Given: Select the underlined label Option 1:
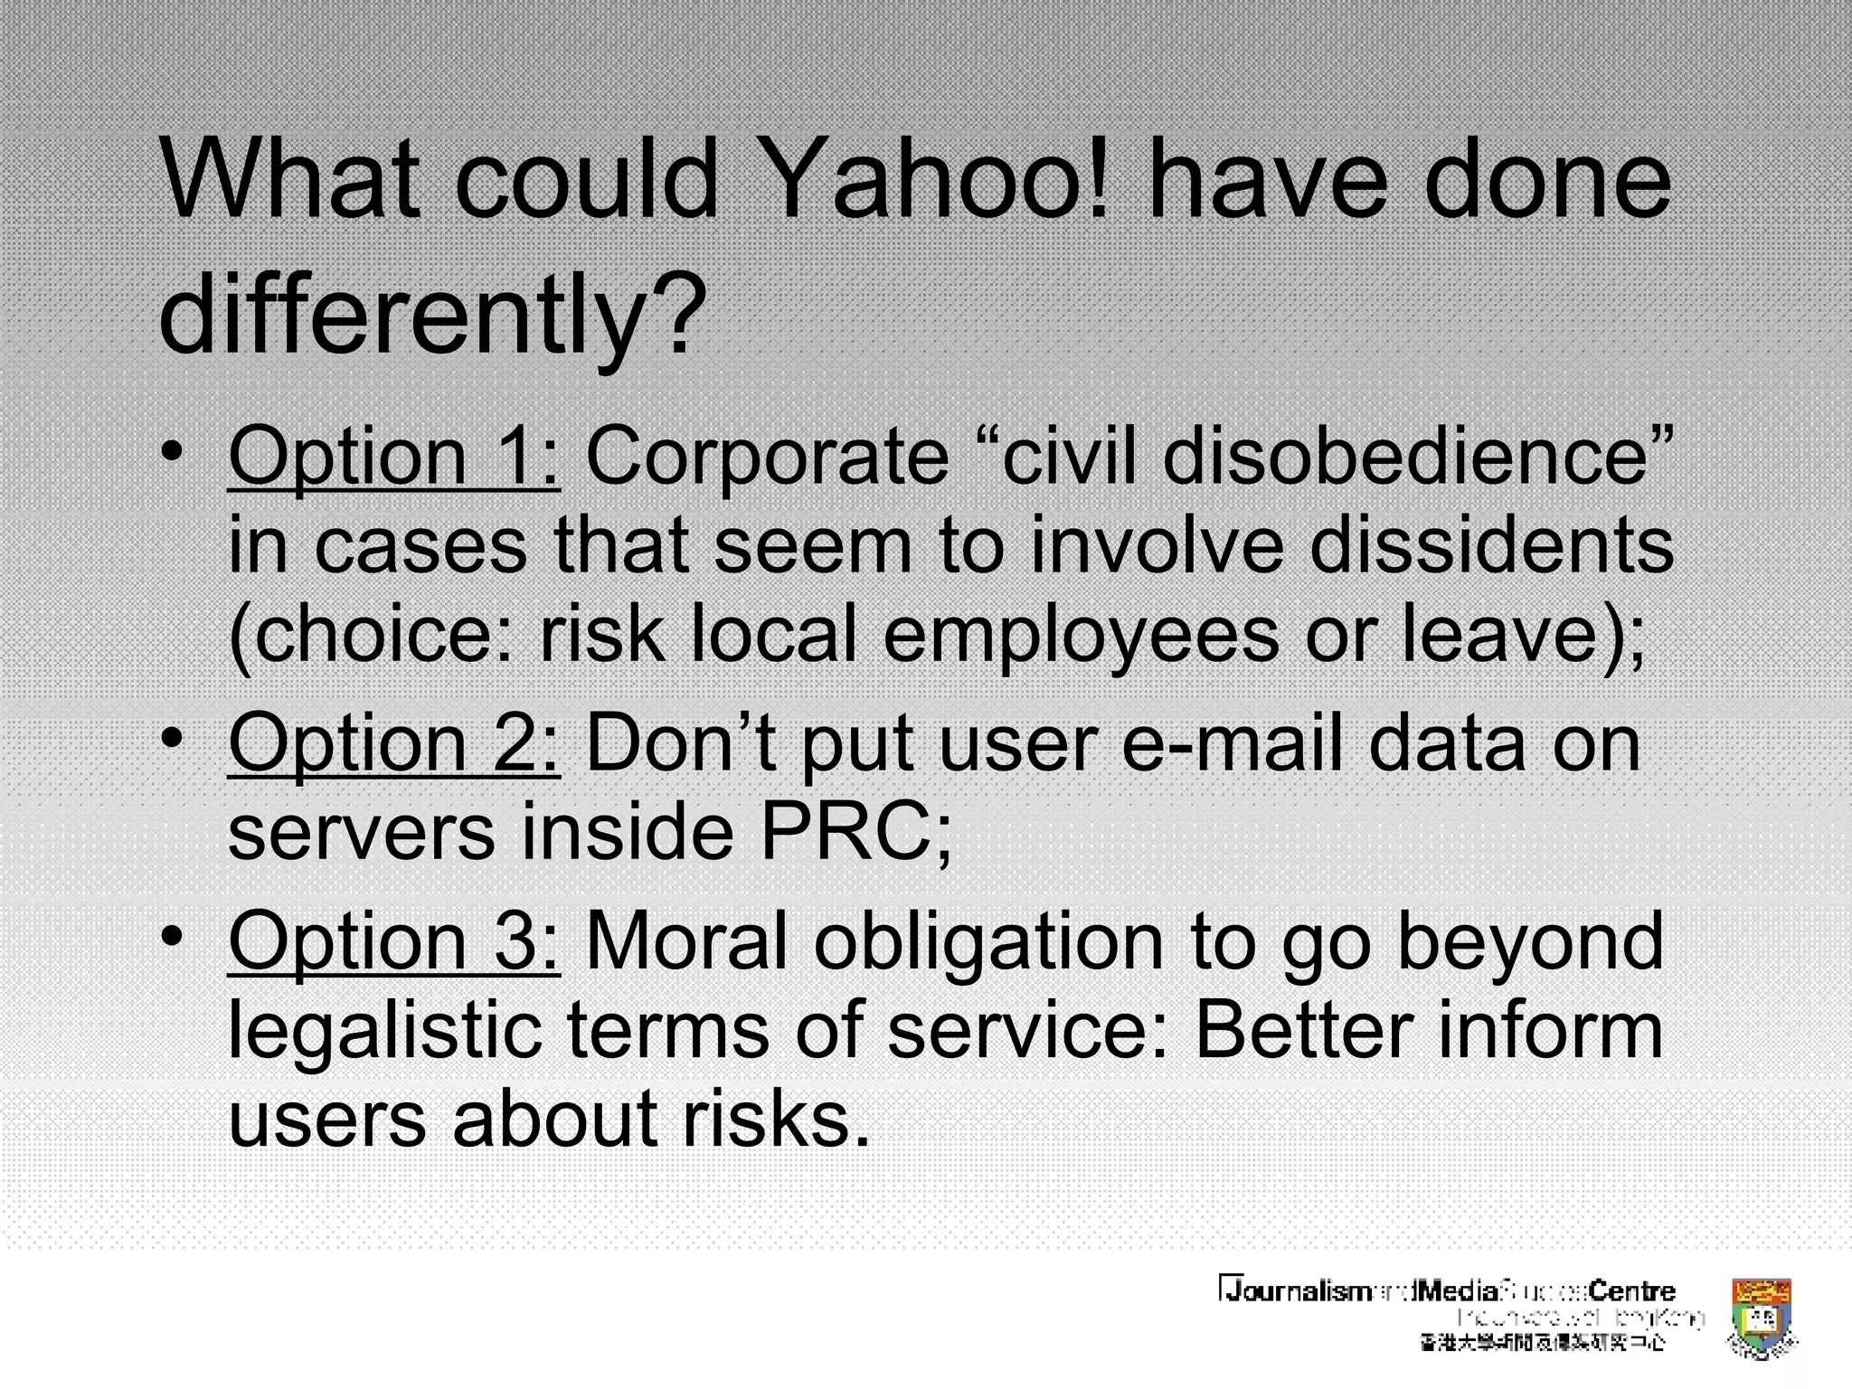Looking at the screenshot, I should (x=393, y=457).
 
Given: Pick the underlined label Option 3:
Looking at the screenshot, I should (x=393, y=940).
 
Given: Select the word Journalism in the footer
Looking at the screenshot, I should (x=1295, y=1291).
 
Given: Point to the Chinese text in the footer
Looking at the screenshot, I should (x=1542, y=1343).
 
